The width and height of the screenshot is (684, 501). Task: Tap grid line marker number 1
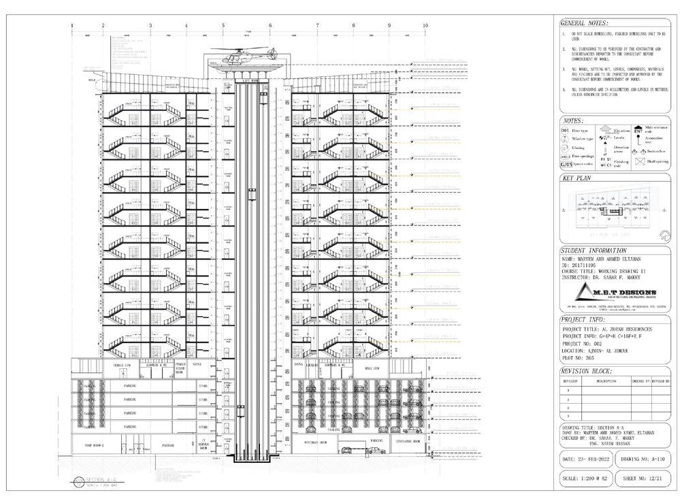[72, 25]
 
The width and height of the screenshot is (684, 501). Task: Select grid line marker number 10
[425, 25]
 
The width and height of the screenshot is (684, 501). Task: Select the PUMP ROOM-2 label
[93, 446]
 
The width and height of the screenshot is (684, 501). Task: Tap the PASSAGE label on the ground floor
[168, 446]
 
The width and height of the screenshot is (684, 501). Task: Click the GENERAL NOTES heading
[583, 22]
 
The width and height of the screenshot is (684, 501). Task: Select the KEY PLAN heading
[577, 178]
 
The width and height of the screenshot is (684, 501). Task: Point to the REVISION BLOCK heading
[586, 371]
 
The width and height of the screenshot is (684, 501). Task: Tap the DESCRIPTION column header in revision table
[606, 381]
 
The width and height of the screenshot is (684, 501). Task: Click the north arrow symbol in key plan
[664, 236]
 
